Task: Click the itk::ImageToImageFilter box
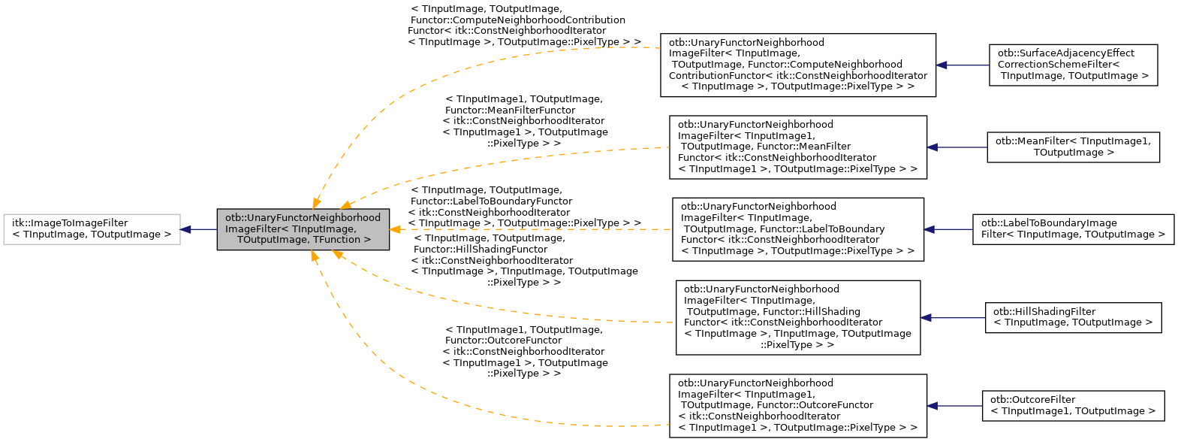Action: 92,229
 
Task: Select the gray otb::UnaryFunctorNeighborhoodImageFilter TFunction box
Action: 303,229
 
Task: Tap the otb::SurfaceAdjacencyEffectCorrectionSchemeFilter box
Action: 1073,65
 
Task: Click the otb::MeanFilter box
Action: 1073,147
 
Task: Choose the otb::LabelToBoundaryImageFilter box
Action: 1073,229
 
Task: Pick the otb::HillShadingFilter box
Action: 1073,317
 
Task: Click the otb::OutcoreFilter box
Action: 1073,406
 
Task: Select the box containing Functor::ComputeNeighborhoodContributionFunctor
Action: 797,65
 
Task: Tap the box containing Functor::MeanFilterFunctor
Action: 797,147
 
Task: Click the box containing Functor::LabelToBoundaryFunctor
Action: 797,229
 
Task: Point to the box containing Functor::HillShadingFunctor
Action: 797,317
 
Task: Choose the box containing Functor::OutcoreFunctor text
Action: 797,406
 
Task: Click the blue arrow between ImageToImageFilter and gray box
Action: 199,229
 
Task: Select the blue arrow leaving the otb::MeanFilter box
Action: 957,147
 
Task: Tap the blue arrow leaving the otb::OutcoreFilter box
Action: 954,406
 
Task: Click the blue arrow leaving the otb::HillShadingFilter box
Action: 953,317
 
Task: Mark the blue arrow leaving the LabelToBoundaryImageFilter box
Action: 948,229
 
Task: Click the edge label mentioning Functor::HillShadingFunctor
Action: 524,260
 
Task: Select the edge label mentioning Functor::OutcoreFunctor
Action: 525,351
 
